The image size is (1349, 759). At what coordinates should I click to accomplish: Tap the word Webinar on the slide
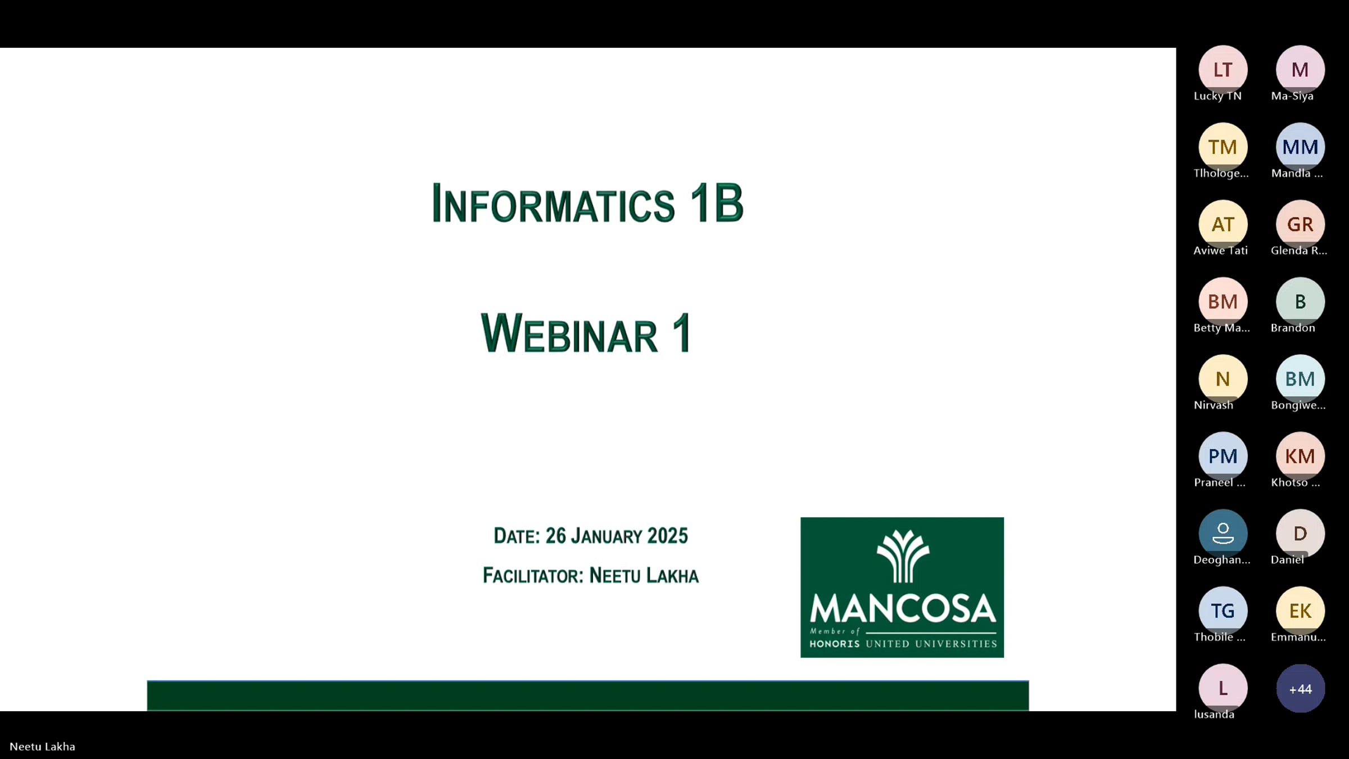(569, 334)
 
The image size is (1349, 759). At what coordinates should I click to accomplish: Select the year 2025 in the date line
(667, 536)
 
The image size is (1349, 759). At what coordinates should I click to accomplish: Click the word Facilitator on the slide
(533, 576)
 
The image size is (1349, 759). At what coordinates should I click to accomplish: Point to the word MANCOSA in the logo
(902, 609)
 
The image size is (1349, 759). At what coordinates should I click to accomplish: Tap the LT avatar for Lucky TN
(1223, 70)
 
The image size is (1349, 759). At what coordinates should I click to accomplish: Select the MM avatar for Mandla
(1300, 147)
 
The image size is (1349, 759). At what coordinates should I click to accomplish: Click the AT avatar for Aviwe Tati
(1223, 224)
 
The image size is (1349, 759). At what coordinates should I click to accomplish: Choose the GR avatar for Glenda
(1300, 224)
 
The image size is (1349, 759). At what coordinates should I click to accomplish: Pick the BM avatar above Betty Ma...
(1223, 301)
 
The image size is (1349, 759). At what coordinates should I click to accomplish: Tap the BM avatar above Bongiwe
(1300, 379)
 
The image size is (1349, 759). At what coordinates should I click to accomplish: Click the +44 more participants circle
(1300, 689)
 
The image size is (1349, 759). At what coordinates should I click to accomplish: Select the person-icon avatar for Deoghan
(1223, 533)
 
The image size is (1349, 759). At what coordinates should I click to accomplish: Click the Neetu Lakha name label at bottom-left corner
(42, 747)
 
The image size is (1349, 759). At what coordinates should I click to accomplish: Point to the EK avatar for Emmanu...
(1300, 611)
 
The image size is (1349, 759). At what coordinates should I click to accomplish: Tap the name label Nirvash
(1214, 405)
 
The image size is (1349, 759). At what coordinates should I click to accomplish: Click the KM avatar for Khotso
(1300, 456)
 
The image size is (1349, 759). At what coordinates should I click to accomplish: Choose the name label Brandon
(1293, 328)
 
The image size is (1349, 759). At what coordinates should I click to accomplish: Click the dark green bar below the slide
(587, 695)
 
